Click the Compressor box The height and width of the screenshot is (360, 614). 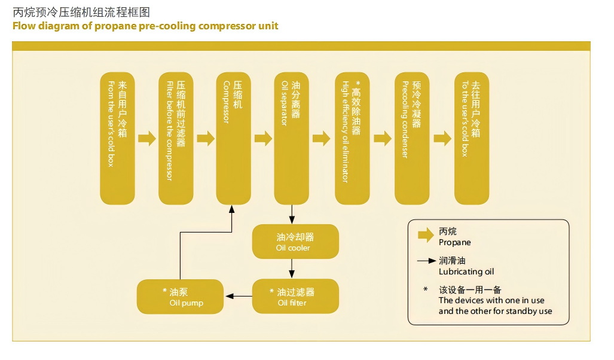[x=234, y=138]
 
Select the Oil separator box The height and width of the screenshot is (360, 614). [x=291, y=138]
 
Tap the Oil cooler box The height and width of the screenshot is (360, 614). [x=295, y=242]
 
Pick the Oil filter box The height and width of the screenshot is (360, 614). [x=295, y=297]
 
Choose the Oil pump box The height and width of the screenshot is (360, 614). [x=181, y=297]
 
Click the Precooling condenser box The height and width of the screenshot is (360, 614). [x=412, y=138]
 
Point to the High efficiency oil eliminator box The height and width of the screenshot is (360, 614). [x=352, y=138]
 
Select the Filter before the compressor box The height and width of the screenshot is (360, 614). [x=176, y=138]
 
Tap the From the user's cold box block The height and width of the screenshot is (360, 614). [x=117, y=138]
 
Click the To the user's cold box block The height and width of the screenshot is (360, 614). [x=472, y=138]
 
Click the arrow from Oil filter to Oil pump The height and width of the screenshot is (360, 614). [x=238, y=297]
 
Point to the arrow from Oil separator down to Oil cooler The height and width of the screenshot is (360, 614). [x=291, y=214]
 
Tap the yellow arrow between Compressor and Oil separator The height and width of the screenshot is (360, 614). [x=263, y=139]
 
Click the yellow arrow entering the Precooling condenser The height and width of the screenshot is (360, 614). [x=382, y=139]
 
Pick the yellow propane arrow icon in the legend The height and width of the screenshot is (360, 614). [x=426, y=236]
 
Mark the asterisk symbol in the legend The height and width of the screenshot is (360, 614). [x=426, y=290]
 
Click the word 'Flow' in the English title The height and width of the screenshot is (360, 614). [x=25, y=26]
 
